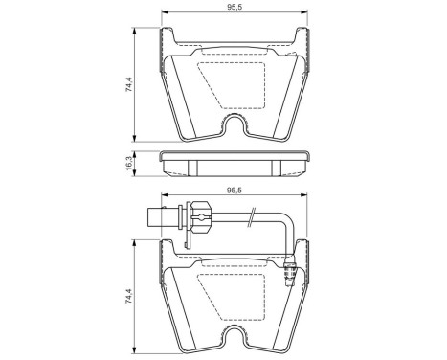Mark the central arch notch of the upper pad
(236, 126)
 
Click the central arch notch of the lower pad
(236, 336)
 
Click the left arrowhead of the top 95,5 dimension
(164, 18)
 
